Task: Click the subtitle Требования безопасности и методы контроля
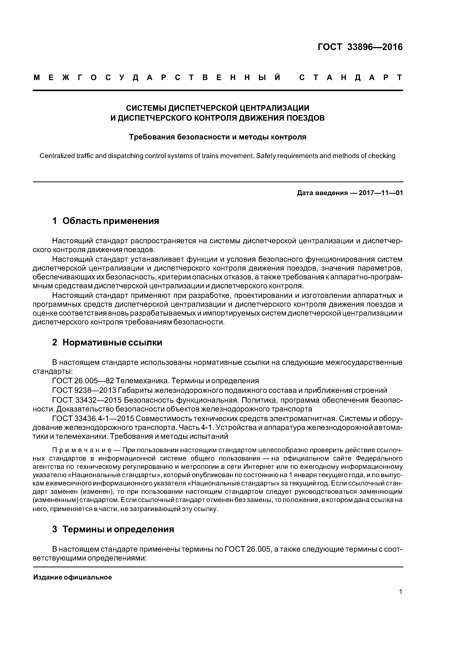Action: click(x=217, y=137)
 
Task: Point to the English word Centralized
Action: click(x=57, y=156)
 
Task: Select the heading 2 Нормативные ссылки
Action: click(x=107, y=342)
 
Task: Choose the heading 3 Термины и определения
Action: click(x=113, y=529)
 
